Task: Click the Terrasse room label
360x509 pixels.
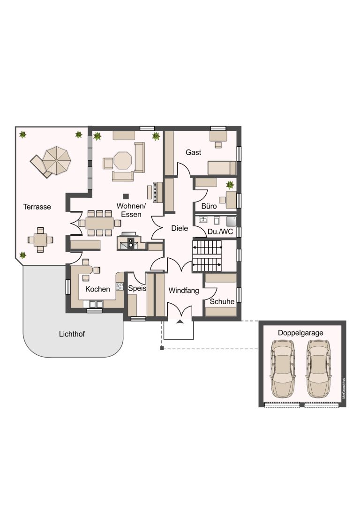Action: click(37, 207)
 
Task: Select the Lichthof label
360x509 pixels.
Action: click(72, 334)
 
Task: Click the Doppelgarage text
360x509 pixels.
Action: click(300, 333)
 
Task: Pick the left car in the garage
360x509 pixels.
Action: click(283, 369)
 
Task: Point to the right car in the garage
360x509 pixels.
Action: click(319, 369)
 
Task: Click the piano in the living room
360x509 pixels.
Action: click(155, 192)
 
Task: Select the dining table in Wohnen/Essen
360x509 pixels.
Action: click(100, 223)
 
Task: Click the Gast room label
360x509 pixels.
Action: click(194, 152)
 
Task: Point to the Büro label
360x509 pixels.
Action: click(209, 206)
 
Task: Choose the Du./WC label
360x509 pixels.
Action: click(220, 232)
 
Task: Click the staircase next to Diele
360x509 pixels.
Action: click(207, 256)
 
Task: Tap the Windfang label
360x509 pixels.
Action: click(184, 291)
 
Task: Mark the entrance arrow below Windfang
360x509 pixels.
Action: click(180, 322)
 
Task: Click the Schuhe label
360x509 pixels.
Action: click(222, 301)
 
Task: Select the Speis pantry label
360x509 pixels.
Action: click(137, 288)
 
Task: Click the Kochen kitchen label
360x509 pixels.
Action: click(97, 289)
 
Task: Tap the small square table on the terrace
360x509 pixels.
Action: click(40, 240)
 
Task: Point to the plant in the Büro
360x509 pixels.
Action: click(230, 185)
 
